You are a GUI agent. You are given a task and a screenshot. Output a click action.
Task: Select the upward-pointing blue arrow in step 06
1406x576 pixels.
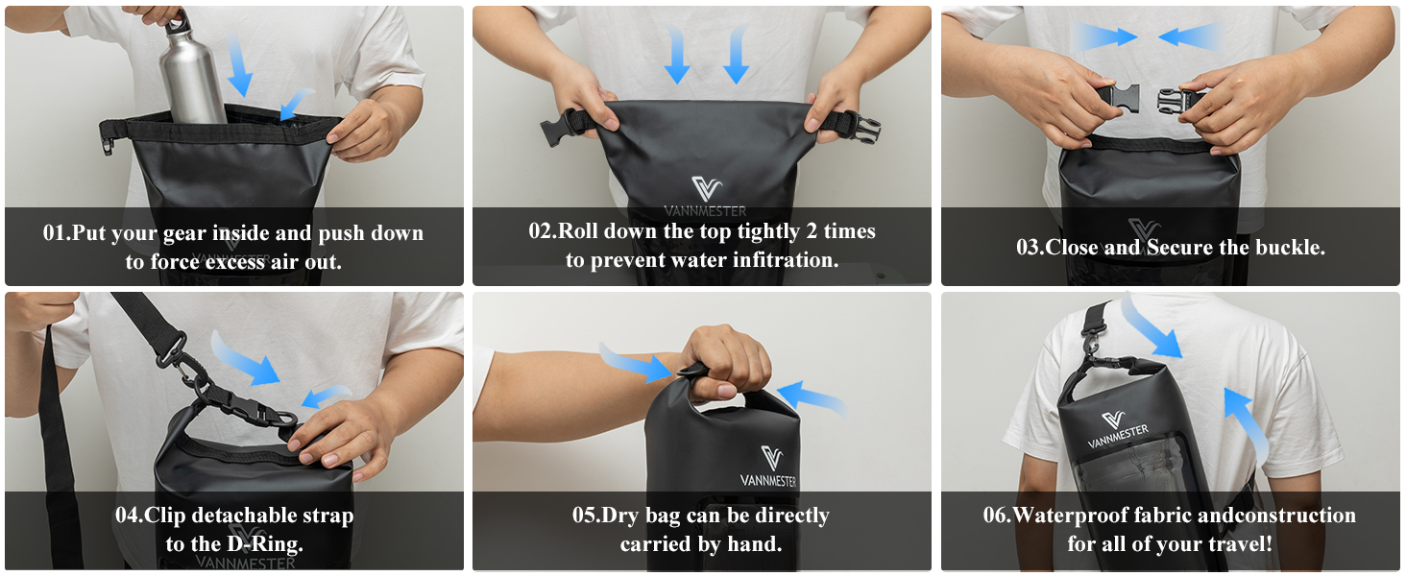pyautogui.click(x=1248, y=422)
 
